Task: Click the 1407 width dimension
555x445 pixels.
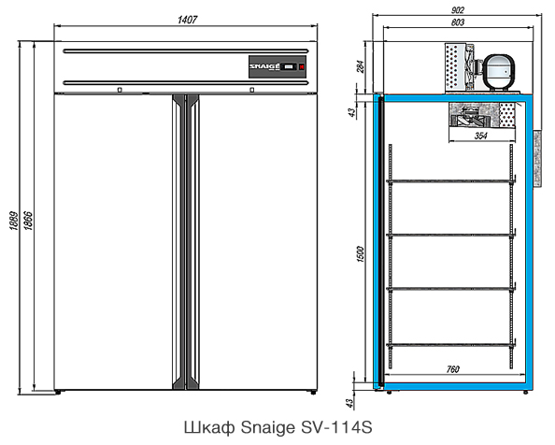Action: click(x=187, y=20)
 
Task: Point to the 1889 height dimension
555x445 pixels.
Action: click(x=13, y=221)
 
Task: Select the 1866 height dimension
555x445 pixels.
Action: click(x=28, y=221)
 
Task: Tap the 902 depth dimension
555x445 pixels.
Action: click(x=458, y=10)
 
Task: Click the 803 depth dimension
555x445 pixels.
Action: click(x=458, y=22)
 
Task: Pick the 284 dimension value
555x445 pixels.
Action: click(x=360, y=66)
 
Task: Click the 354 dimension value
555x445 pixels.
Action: click(x=480, y=136)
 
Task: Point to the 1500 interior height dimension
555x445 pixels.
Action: click(x=360, y=254)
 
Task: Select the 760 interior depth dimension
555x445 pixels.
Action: click(x=452, y=369)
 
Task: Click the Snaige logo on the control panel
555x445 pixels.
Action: click(x=264, y=66)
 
